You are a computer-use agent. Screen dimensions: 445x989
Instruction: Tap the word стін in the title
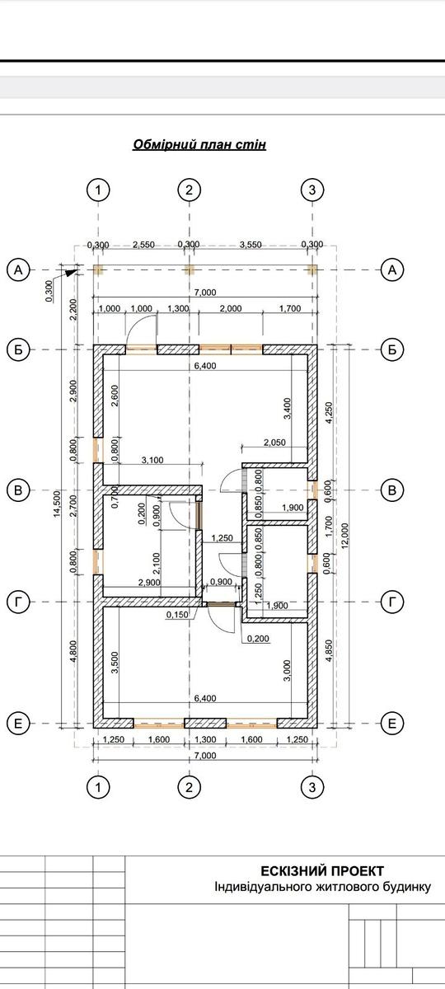click(x=255, y=144)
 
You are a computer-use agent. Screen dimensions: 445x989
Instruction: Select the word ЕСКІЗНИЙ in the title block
click(x=291, y=870)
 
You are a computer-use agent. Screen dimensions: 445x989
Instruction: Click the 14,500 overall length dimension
click(x=58, y=504)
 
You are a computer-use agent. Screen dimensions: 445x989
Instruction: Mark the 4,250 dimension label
click(x=329, y=413)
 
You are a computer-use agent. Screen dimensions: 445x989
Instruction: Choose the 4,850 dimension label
click(x=329, y=651)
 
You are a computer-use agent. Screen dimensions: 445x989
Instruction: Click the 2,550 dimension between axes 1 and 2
click(x=143, y=245)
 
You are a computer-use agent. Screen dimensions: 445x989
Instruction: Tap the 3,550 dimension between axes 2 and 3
click(x=251, y=245)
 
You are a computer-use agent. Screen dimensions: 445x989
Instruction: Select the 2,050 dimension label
click(x=274, y=442)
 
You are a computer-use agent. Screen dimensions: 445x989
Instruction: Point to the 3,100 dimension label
click(x=152, y=460)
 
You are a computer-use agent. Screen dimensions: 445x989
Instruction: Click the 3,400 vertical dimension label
click(x=288, y=409)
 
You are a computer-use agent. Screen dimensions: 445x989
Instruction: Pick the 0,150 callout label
click(x=177, y=614)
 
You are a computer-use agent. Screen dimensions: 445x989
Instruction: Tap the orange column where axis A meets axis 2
click(x=189, y=270)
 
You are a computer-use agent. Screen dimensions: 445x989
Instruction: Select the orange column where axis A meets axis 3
click(x=312, y=270)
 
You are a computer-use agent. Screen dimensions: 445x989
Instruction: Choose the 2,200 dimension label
click(x=73, y=310)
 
